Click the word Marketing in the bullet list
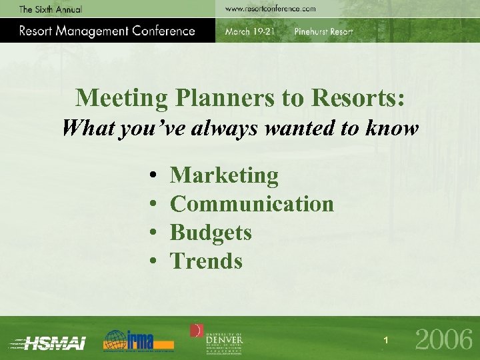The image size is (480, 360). [224, 176]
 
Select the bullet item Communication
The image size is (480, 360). [252, 204]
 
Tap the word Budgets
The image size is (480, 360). [211, 233]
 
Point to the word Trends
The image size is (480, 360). [206, 261]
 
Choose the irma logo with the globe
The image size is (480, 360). [138, 340]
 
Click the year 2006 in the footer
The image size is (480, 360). [443, 340]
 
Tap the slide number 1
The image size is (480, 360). [385, 341]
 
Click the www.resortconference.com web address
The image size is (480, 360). [269, 9]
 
